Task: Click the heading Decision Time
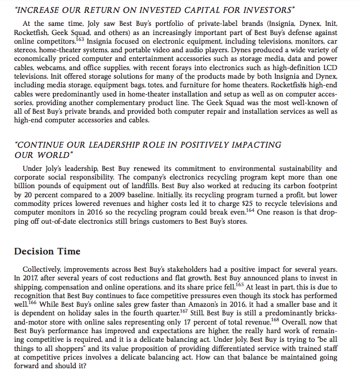(47, 251)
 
